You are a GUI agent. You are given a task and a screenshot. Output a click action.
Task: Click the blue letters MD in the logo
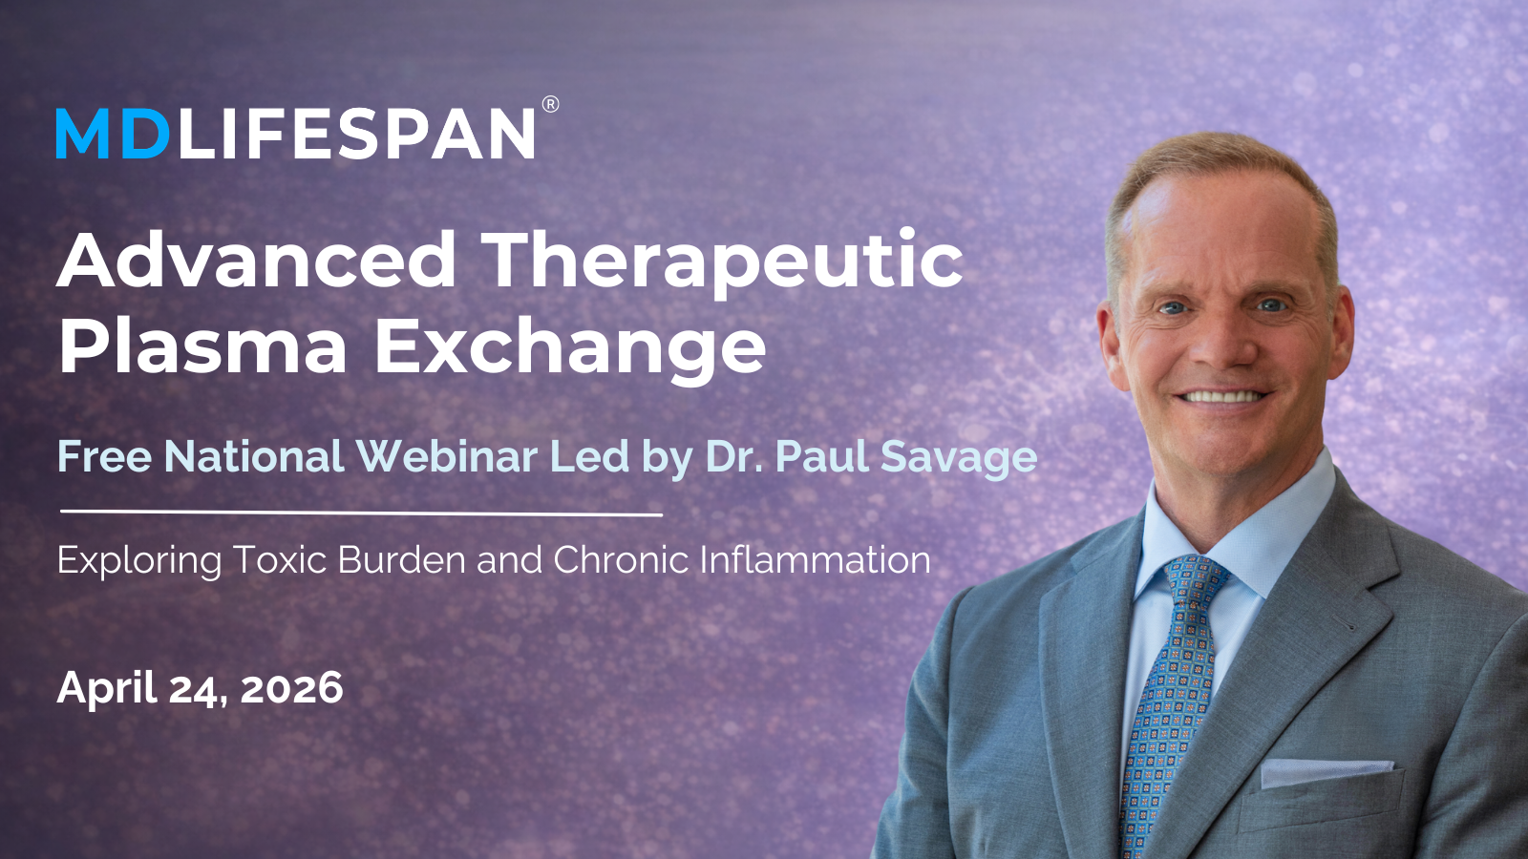click(x=113, y=134)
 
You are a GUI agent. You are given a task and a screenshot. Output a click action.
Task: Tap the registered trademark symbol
click(x=550, y=104)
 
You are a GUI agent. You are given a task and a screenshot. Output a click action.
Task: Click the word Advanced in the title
click(x=257, y=261)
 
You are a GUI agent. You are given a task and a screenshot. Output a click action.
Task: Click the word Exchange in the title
click(x=571, y=349)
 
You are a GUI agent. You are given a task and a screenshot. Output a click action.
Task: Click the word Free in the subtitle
click(x=104, y=456)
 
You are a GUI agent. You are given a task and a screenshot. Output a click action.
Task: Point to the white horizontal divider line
click(x=362, y=513)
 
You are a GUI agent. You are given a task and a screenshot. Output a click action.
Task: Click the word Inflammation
click(x=816, y=559)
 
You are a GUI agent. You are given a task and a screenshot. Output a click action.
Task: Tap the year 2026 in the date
click(x=291, y=688)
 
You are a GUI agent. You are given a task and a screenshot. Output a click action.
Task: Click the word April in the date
click(x=107, y=689)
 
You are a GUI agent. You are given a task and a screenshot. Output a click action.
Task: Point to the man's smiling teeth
click(x=1222, y=397)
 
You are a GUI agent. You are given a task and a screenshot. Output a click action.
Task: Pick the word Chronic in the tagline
click(x=621, y=559)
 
